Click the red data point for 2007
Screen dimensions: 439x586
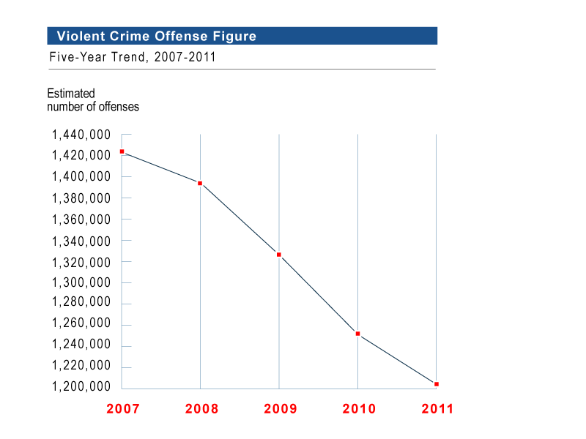pyautogui.click(x=122, y=151)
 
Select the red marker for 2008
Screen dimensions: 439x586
pyautogui.click(x=200, y=183)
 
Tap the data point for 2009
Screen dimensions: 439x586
pyautogui.click(x=279, y=255)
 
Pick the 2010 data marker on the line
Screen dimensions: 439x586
pyautogui.click(x=357, y=334)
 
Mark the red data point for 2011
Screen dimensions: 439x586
pyautogui.click(x=437, y=384)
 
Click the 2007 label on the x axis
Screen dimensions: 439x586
pyautogui.click(x=122, y=409)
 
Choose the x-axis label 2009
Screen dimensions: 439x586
pyautogui.click(x=280, y=409)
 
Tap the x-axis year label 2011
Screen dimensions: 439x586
pyautogui.click(x=437, y=409)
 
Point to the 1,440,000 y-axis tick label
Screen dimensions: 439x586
pyautogui.click(x=81, y=135)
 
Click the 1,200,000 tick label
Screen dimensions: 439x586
pyautogui.click(x=81, y=387)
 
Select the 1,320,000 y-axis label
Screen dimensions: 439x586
pyautogui.click(x=81, y=262)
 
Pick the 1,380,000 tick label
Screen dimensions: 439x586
pyautogui.click(x=81, y=198)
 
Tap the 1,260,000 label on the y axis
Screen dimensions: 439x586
pyautogui.click(x=81, y=324)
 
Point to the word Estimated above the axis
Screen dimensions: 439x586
pyautogui.click(x=71, y=94)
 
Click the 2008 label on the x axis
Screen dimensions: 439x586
pyautogui.click(x=201, y=409)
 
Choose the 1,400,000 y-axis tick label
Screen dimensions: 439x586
pyautogui.click(x=81, y=177)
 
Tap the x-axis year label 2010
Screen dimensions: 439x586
pyautogui.click(x=359, y=409)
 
